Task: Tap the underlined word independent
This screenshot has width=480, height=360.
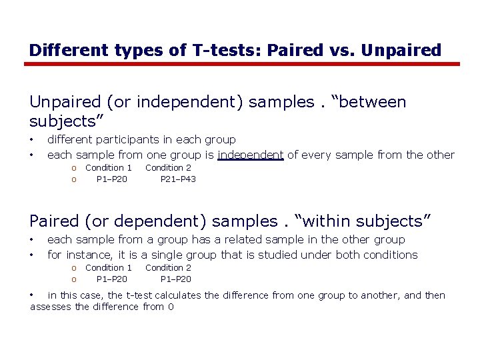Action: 251,155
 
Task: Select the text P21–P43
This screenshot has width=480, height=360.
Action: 178,179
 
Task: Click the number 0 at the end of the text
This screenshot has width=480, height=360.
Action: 171,307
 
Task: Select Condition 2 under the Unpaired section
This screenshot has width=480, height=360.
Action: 168,167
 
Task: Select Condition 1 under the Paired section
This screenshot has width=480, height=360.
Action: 109,267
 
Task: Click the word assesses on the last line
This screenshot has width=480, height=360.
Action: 51,307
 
